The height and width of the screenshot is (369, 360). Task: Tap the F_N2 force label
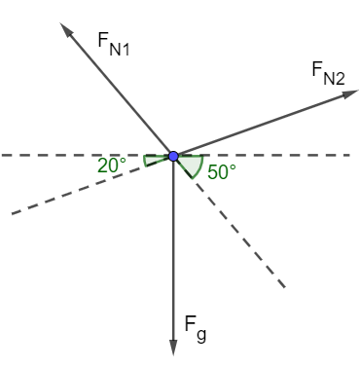(328, 73)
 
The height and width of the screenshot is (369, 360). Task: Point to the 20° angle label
(112, 165)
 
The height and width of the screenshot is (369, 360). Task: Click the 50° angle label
(222, 172)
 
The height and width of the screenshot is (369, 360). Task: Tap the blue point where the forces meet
(173, 156)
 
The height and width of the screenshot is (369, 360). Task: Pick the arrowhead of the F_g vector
(173, 348)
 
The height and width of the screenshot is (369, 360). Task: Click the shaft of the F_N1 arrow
(122, 94)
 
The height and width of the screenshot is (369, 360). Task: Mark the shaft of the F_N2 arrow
(258, 125)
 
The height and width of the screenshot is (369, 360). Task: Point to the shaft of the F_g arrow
(173, 253)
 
